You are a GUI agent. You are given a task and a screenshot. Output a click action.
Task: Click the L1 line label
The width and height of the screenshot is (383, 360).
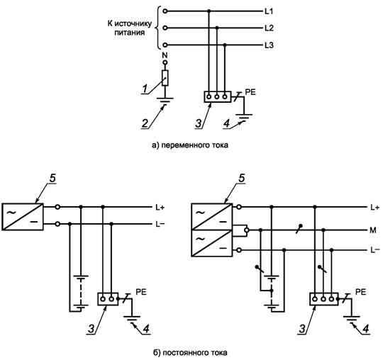click(x=269, y=11)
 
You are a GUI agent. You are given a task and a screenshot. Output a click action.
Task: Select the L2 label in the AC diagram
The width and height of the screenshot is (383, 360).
click(x=269, y=28)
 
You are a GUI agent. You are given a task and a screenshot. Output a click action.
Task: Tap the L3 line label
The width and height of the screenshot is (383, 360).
click(x=269, y=45)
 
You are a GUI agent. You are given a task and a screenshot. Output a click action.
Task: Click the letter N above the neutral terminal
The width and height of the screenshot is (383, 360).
click(x=165, y=55)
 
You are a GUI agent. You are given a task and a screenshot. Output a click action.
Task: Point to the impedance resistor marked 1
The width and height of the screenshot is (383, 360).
click(x=165, y=78)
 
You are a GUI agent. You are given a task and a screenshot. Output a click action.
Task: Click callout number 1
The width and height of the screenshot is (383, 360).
click(x=145, y=89)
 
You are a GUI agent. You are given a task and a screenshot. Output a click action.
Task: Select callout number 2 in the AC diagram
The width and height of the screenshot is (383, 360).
click(x=145, y=123)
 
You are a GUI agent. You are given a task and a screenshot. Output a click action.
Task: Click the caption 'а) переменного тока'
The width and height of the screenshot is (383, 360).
click(x=190, y=145)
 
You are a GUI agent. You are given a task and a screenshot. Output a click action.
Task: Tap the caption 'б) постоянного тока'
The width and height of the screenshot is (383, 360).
click(x=190, y=353)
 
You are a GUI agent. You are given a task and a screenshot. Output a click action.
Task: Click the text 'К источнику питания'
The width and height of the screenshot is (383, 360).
click(x=130, y=28)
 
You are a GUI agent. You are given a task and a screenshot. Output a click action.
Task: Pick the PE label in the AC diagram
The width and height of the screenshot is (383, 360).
click(x=250, y=92)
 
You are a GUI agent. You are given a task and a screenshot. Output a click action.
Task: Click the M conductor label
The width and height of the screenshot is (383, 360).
click(x=373, y=230)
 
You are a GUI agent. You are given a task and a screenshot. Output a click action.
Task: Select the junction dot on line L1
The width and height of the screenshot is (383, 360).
click(x=209, y=11)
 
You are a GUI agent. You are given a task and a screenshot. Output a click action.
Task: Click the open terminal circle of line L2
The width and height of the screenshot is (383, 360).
click(x=165, y=28)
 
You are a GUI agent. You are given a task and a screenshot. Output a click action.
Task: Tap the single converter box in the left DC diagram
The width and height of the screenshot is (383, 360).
click(x=23, y=217)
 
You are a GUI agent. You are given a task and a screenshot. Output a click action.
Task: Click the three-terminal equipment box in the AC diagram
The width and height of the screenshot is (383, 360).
click(x=218, y=97)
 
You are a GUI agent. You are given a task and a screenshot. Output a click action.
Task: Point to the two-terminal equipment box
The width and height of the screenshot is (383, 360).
click(x=108, y=299)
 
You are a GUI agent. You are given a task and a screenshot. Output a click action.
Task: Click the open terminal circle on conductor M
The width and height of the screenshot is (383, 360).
click(x=247, y=230)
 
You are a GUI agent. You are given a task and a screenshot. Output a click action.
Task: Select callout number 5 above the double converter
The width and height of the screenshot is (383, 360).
click(x=241, y=178)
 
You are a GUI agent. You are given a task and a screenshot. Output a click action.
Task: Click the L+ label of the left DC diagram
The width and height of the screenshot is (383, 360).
click(x=160, y=207)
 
